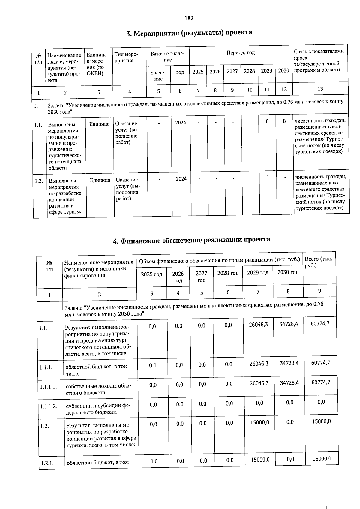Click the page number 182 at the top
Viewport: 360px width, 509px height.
coord(189,19)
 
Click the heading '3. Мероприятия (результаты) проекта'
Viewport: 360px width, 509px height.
coord(189,33)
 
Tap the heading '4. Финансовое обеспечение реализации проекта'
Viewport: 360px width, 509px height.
coord(191,240)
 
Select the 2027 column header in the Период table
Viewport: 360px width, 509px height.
coord(232,71)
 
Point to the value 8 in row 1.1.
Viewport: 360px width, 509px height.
coord(285,121)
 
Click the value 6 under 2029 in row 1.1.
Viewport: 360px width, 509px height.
coord(267,121)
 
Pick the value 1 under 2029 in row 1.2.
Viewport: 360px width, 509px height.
coord(268,178)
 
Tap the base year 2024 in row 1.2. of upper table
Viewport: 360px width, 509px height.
coord(181,179)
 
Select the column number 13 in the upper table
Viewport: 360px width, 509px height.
coord(320,88)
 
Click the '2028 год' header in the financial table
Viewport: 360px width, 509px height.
coord(228,273)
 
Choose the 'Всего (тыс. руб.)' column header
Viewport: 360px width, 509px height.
coord(318,262)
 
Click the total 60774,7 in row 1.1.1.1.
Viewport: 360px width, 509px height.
coord(321,382)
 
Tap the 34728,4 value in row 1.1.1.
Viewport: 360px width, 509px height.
coord(289,363)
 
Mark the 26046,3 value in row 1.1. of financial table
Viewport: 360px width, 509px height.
coord(258,325)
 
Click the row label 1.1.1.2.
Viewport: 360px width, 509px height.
coord(49,406)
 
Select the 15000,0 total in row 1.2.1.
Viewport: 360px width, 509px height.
coord(322,459)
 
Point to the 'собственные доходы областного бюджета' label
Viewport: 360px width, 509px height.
coord(98,389)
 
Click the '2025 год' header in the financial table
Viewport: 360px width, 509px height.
coord(151,274)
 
